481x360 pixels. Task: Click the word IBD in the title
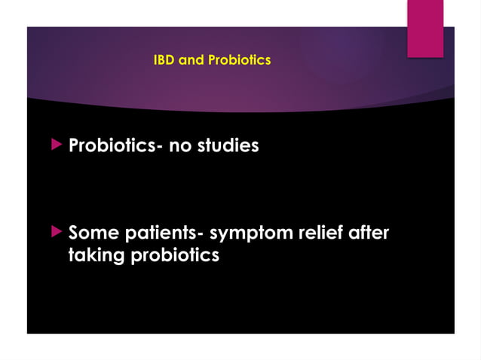click(x=163, y=59)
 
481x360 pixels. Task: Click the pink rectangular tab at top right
click(x=425, y=28)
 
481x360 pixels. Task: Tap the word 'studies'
click(x=228, y=145)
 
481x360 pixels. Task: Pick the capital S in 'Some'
click(x=75, y=233)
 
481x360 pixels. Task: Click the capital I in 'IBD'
click(x=155, y=59)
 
